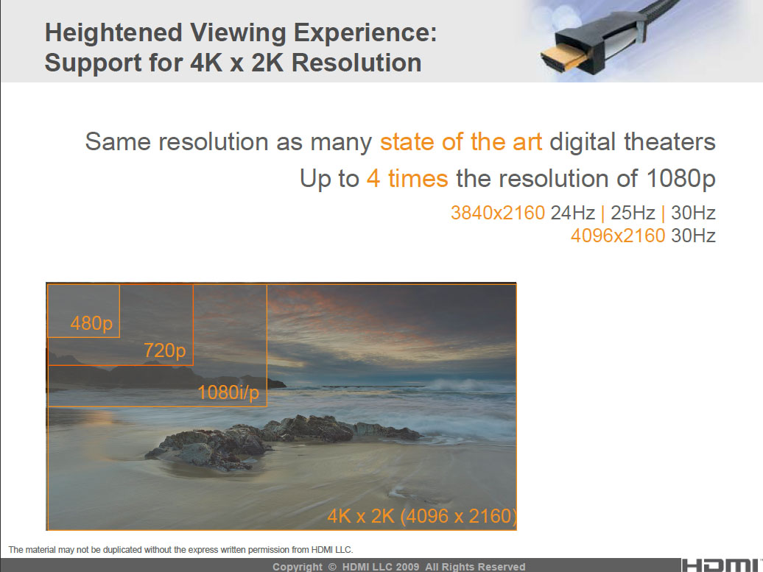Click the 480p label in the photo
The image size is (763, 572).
pos(91,322)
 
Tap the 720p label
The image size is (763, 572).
pos(164,350)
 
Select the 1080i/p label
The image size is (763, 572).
pos(228,393)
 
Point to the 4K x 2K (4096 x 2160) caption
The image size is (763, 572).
pos(422,516)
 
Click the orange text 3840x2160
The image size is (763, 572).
pos(498,213)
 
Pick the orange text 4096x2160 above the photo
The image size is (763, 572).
pos(618,236)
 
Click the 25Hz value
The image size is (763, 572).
pos(633,213)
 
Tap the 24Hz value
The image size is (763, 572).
pos(572,213)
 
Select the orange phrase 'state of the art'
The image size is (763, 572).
pos(461,141)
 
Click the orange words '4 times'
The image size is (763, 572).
pos(407,178)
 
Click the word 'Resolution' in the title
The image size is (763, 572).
pos(357,63)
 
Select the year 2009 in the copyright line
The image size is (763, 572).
pos(407,567)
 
